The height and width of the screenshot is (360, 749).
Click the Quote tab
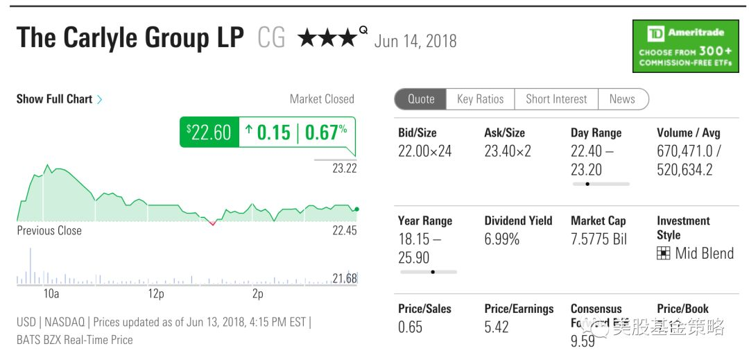pyautogui.click(x=421, y=99)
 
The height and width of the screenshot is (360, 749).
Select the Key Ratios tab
pyautogui.click(x=480, y=99)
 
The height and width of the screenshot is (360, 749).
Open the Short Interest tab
pyautogui.click(x=556, y=99)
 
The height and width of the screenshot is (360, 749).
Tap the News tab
pyautogui.click(x=622, y=99)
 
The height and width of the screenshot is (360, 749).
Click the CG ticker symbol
pyautogui.click(x=271, y=38)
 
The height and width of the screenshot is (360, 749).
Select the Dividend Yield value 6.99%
pyautogui.click(x=502, y=239)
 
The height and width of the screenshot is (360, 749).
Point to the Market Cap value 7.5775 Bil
pyautogui.click(x=599, y=239)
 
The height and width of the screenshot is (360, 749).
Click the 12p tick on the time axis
pyautogui.click(x=156, y=294)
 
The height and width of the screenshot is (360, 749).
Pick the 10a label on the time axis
pyautogui.click(x=51, y=294)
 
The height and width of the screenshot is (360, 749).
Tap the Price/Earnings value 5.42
pyautogui.click(x=497, y=327)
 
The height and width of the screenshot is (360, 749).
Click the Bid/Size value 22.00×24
pyautogui.click(x=424, y=151)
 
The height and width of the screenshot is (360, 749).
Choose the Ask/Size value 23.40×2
pyautogui.click(x=508, y=151)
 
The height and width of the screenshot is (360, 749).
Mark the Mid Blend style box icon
pyautogui.click(x=663, y=254)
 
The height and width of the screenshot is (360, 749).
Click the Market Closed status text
pyautogui.click(x=322, y=99)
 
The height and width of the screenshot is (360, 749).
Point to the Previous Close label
pyautogui.click(x=49, y=230)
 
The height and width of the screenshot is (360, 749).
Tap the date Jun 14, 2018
pyautogui.click(x=415, y=42)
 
